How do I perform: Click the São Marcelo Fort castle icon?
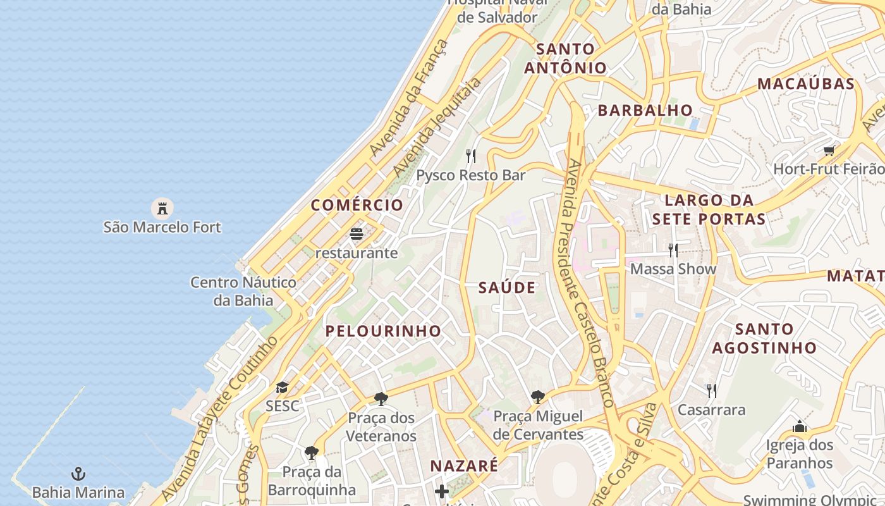[x=162, y=207]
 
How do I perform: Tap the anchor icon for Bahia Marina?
[x=78, y=474]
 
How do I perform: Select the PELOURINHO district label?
[x=383, y=331]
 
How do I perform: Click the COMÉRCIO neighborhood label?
[x=357, y=205]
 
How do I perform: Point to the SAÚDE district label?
[x=507, y=288]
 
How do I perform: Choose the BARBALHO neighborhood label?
[x=645, y=110]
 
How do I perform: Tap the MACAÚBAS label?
[x=806, y=83]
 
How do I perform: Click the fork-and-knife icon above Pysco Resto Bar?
[x=470, y=156]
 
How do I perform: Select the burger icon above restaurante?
[x=357, y=235]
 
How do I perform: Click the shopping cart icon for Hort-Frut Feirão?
[x=829, y=151]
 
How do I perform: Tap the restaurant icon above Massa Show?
[x=673, y=250]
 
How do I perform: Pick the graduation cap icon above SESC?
[x=282, y=387]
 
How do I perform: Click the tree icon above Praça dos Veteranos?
[x=381, y=398]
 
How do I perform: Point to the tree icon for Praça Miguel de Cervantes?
[x=537, y=397]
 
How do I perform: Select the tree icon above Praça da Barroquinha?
[x=311, y=452]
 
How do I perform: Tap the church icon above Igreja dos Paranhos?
[x=800, y=426]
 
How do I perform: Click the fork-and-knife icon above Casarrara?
[x=711, y=390]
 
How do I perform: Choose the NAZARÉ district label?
[x=464, y=466]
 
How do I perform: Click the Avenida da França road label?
[x=410, y=98]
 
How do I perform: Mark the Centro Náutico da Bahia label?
[x=243, y=291]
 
